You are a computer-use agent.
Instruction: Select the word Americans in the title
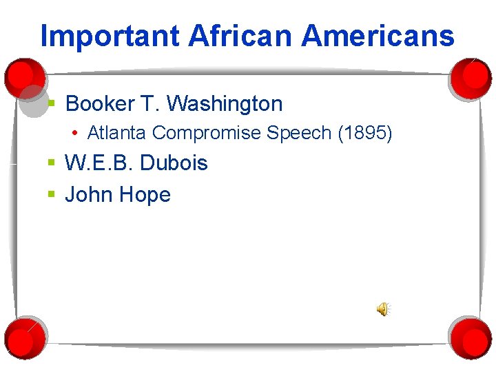[378, 36]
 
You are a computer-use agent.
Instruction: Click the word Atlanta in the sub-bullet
[116, 133]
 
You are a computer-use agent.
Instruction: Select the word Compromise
[207, 133]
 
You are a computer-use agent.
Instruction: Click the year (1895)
[365, 133]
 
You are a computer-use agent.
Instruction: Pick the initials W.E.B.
[99, 163]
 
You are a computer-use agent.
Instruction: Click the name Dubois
[174, 163]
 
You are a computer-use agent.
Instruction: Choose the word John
[88, 195]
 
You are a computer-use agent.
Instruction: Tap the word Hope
[145, 195]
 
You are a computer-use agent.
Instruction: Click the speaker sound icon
[383, 309]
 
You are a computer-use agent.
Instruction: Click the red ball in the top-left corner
[23, 76]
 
